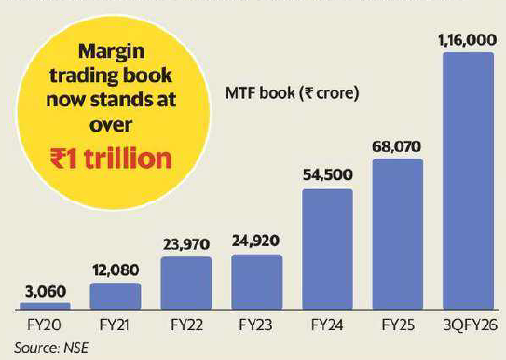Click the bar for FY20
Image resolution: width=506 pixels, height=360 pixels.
coord(45,306)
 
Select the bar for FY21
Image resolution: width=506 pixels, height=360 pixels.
coord(116,297)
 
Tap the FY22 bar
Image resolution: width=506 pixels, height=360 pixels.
coord(185,284)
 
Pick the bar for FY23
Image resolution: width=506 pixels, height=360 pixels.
coord(256,283)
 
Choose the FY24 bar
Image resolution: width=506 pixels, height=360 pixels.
coord(327,249)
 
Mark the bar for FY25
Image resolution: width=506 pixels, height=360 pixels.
coord(398,234)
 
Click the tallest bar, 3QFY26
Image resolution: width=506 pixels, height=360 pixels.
coord(468,181)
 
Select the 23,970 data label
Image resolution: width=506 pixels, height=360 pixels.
coord(185,244)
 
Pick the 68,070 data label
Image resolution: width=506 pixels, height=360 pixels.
coord(398,145)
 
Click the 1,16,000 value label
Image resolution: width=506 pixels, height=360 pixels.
coord(468,39)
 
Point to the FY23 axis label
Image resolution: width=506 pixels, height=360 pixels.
coord(256,328)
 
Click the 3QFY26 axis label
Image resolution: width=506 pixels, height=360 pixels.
coord(468,328)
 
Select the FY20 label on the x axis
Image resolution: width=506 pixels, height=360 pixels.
coord(45,328)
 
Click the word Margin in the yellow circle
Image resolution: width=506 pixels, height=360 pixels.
coord(111,51)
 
